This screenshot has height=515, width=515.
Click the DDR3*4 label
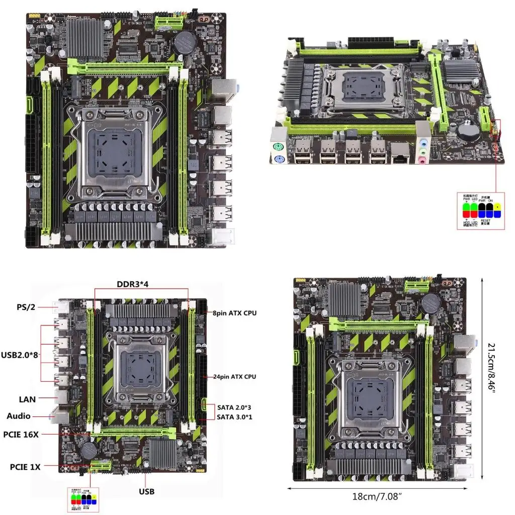pos(133,284)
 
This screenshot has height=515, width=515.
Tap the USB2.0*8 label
pos(22,355)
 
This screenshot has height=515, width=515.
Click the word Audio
pos(19,416)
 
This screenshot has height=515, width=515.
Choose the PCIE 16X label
pos(21,435)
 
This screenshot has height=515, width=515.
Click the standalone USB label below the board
pos(146,491)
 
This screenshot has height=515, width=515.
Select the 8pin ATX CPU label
pos(234,313)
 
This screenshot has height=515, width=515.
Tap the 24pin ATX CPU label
pos(235,377)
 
